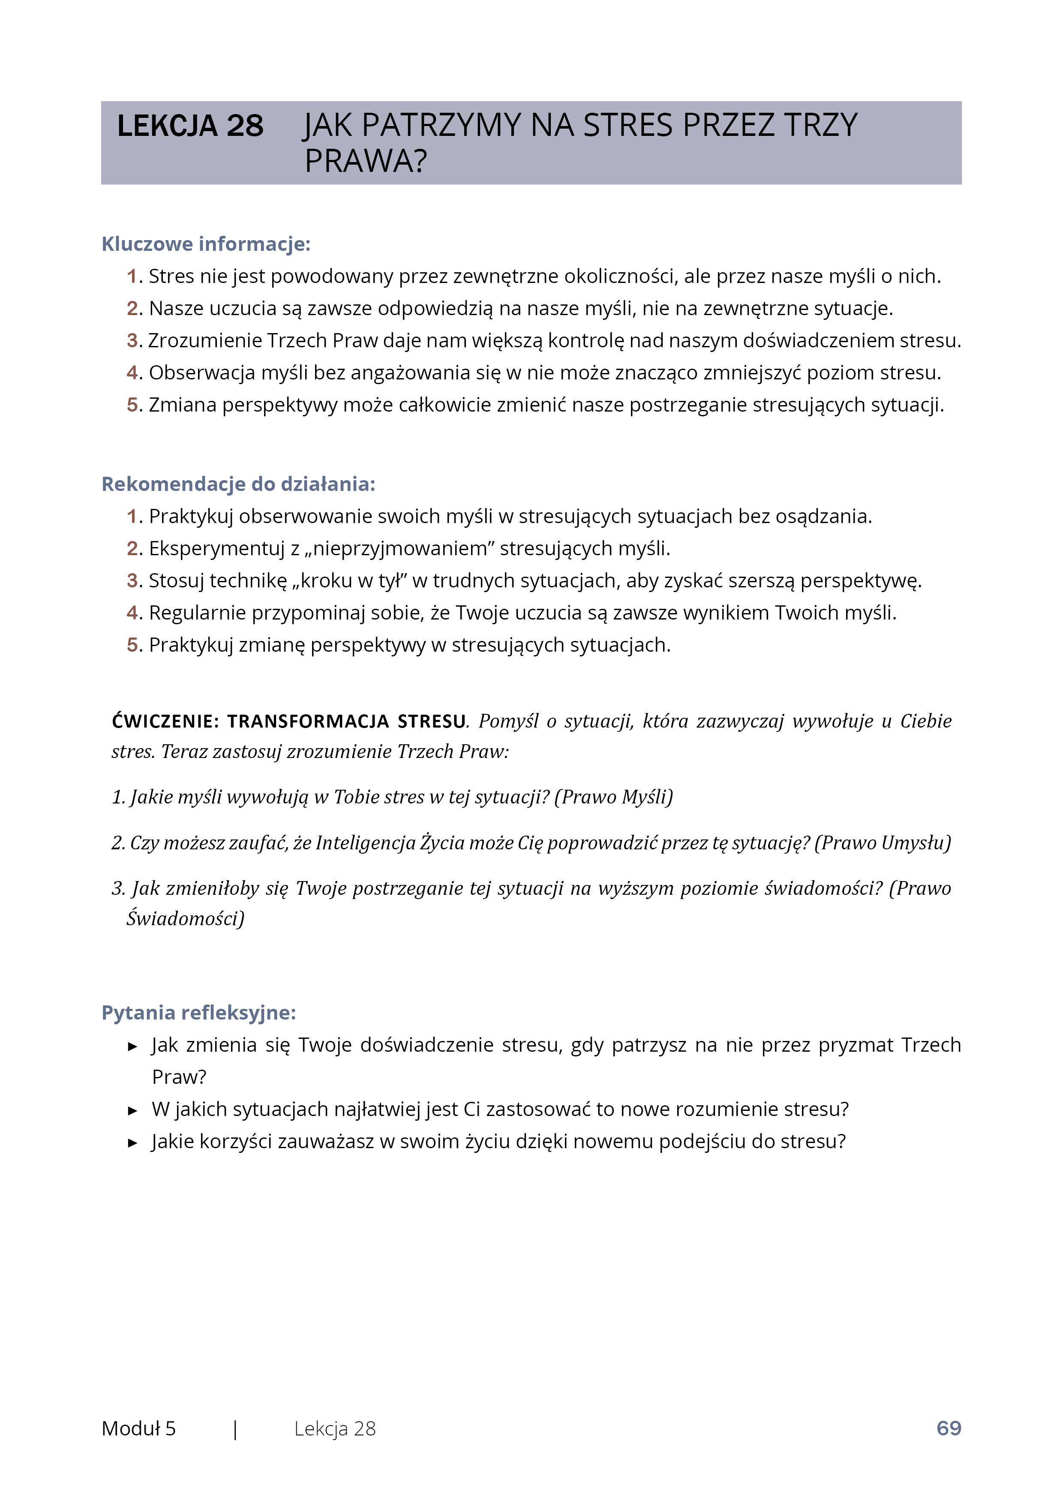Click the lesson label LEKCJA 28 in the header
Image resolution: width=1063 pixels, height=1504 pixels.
190,126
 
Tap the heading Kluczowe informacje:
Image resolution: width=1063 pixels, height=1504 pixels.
206,244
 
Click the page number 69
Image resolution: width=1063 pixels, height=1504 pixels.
949,1429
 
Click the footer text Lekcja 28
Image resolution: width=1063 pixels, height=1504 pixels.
335,1429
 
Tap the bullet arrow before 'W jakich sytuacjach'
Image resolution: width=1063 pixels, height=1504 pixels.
133,1110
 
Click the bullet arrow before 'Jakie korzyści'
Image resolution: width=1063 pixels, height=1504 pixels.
133,1143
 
